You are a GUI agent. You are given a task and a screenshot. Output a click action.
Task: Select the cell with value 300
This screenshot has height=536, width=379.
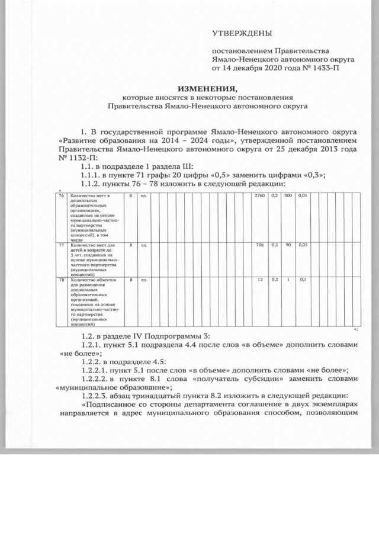288,195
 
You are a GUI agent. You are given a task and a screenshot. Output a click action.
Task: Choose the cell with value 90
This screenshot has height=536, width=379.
288,244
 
